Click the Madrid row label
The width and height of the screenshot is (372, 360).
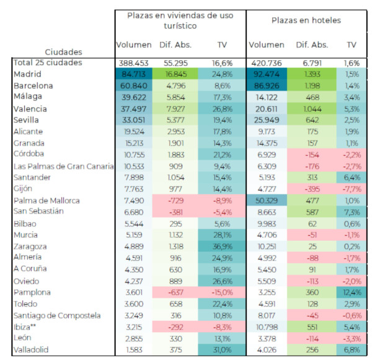click(x=27, y=74)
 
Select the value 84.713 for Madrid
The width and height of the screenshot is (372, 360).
click(x=134, y=74)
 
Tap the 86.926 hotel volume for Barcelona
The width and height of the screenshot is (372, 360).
click(x=267, y=86)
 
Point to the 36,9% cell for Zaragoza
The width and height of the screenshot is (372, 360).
click(x=222, y=246)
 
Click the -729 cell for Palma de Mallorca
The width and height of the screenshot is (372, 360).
click(x=176, y=200)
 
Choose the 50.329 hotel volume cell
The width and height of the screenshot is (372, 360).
click(x=267, y=200)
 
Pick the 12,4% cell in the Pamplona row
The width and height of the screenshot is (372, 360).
click(x=352, y=292)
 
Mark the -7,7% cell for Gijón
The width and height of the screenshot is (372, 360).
click(x=352, y=189)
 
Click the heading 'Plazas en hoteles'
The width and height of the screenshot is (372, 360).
click(x=306, y=20)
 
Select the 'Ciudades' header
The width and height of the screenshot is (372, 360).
click(x=63, y=52)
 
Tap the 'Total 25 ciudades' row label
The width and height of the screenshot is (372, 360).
click(x=48, y=63)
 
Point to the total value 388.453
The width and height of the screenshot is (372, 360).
click(x=133, y=63)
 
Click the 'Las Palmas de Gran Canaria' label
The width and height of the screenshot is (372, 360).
click(x=64, y=166)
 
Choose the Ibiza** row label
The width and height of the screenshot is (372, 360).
click(x=25, y=327)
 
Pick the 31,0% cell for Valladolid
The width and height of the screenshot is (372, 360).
click(x=222, y=350)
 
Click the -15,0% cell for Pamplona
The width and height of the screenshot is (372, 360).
click(x=222, y=292)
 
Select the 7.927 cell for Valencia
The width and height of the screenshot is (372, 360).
click(x=176, y=109)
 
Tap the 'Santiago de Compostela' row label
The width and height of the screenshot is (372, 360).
click(x=57, y=315)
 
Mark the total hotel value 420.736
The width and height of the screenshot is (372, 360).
click(x=267, y=63)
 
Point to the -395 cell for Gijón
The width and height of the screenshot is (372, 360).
click(x=312, y=189)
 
